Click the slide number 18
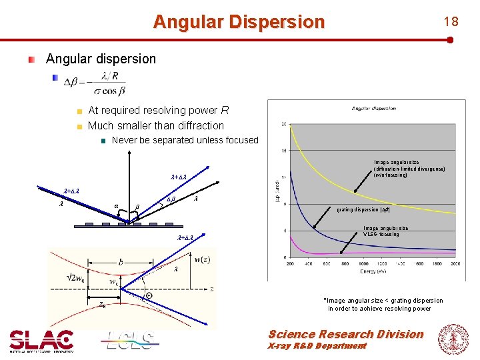[451, 21]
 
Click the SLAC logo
[41, 340]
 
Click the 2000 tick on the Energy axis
[455, 264]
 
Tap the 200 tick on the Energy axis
[290, 264]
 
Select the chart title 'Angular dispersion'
[373, 108]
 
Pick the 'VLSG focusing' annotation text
[381, 234]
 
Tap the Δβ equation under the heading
[95, 83]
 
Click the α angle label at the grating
[117, 205]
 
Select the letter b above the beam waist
[120, 262]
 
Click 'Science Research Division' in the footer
[345, 334]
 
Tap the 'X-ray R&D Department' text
[317, 346]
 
